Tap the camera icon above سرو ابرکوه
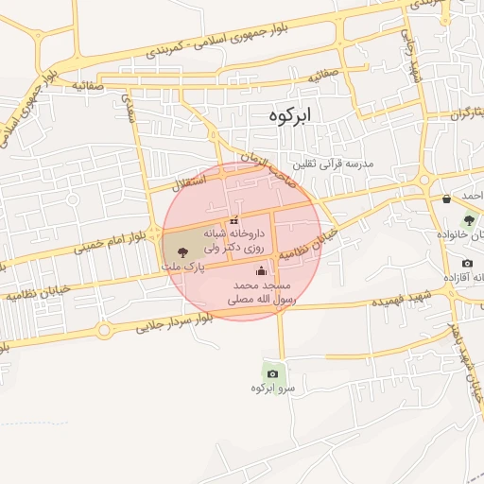coord(273,373)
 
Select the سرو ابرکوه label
coord(273,389)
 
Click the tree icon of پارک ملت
coord(181,252)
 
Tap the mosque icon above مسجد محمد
coord(261,272)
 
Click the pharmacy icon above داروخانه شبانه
coord(233,220)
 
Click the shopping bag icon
coord(446,199)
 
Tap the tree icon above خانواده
coord(468,220)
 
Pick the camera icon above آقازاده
coord(467,263)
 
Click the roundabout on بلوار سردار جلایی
coord(103,331)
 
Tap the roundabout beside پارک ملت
coord(153,233)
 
